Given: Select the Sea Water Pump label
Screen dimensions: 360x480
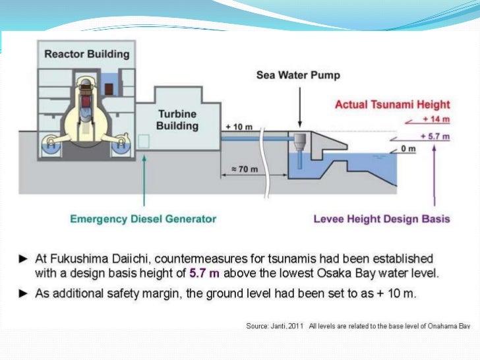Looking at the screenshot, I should [298, 75].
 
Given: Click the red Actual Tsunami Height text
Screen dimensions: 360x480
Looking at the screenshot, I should [392, 104].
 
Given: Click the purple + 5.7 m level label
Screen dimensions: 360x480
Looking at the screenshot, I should [435, 136].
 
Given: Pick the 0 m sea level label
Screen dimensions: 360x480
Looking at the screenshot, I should [409, 148].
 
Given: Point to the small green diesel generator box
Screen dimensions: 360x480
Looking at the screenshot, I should [144, 140].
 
